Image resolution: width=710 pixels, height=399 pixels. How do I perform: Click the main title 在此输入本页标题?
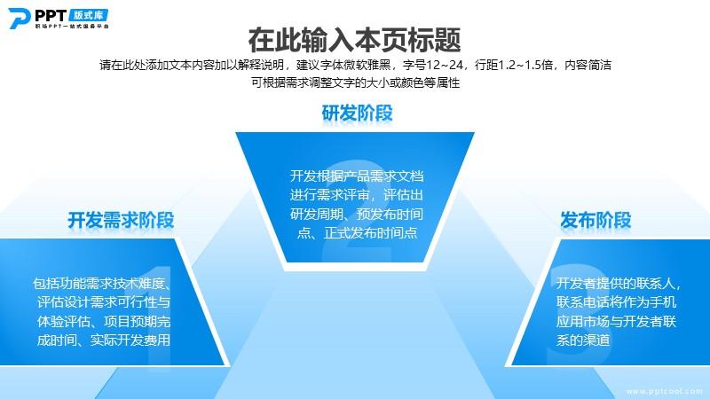point(354,40)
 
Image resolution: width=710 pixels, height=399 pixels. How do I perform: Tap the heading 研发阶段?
point(358,113)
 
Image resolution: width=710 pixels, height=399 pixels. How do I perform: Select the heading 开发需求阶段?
point(121,220)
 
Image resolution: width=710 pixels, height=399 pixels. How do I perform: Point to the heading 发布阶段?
point(596,220)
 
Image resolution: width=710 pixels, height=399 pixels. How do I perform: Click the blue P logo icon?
point(19,19)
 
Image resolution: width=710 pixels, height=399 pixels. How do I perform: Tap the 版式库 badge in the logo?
point(89,15)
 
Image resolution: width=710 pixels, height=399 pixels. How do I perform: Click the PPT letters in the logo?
point(51,16)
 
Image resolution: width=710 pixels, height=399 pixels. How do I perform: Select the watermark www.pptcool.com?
point(665,391)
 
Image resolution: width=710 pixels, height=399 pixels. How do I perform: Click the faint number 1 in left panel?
point(159,317)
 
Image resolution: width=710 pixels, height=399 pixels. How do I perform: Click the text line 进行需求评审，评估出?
point(357,195)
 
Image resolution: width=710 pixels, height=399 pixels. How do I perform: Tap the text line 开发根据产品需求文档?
point(357,176)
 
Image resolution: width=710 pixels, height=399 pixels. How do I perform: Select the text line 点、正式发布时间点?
point(357,233)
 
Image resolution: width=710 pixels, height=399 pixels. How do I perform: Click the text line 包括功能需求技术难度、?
point(102,284)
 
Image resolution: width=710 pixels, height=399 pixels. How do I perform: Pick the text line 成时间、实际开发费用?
point(104,340)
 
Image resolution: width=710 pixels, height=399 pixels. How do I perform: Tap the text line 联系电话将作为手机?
point(616,301)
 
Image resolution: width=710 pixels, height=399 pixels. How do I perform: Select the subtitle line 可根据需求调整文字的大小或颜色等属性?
point(356,82)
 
